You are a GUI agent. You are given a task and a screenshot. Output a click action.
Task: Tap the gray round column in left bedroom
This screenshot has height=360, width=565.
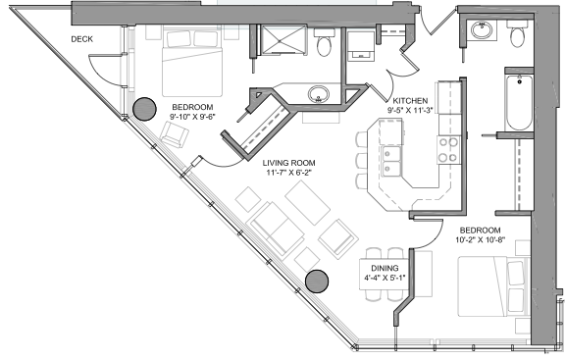coord(145,109)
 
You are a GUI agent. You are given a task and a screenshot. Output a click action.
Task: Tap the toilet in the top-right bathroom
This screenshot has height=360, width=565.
coord(517,35)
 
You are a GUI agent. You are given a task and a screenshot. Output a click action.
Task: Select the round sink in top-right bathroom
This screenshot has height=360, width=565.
coord(482,30)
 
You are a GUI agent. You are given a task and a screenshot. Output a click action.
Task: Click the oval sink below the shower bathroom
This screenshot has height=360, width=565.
coord(318,94)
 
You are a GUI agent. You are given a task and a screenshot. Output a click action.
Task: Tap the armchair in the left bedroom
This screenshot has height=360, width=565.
coord(173,136)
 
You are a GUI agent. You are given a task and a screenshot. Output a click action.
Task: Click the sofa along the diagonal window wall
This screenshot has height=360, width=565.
coord(276,231)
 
